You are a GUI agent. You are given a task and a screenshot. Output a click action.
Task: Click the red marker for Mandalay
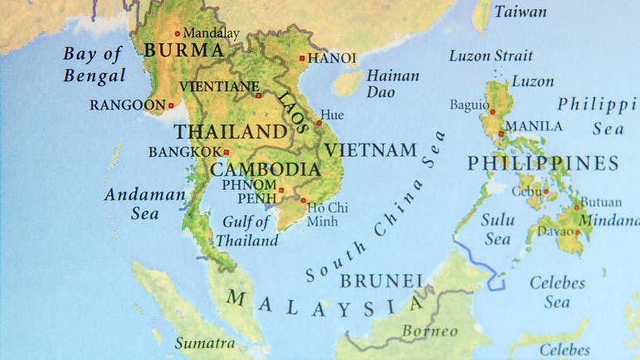177,34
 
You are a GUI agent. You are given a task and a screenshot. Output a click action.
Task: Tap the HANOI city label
332,58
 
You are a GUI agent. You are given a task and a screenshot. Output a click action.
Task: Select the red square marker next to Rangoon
172,105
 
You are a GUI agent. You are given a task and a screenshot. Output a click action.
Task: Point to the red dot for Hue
319,124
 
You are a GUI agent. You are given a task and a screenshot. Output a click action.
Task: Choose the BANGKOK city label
185,152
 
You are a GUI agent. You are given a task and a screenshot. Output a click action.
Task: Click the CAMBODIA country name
264,169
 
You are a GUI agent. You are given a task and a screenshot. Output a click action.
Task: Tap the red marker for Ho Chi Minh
303,200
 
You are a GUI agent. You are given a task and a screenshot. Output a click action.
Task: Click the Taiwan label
520,12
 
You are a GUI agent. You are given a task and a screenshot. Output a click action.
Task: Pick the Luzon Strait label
491,56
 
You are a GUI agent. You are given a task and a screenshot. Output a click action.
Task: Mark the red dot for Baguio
492,111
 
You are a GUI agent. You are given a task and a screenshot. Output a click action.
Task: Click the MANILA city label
533,126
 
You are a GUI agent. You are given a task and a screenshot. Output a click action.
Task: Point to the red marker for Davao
578,232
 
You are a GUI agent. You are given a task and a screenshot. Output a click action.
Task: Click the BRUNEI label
382,280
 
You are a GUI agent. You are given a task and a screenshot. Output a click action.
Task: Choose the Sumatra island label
202,342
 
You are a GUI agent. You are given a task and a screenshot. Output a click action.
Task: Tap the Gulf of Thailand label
247,231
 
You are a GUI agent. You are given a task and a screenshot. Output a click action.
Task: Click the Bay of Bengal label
94,65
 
